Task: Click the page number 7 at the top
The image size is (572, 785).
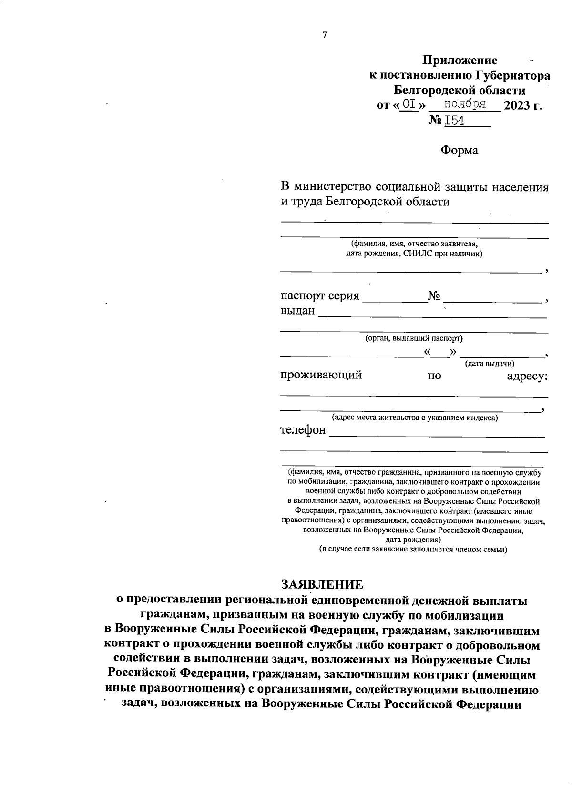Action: click(x=325, y=35)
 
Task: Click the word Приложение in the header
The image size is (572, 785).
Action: click(x=460, y=61)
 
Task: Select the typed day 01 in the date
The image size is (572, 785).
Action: click(x=408, y=104)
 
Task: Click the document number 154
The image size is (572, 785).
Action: click(x=455, y=121)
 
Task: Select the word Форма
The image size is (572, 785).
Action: click(x=459, y=151)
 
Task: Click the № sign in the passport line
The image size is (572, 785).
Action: click(x=434, y=296)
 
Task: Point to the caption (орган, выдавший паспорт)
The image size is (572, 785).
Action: click(x=414, y=338)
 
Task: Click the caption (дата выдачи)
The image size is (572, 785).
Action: click(x=490, y=364)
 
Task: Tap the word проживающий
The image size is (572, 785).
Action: click(x=321, y=375)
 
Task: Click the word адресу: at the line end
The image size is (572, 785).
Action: click(x=527, y=376)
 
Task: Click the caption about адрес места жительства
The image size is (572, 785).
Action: click(x=415, y=418)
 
